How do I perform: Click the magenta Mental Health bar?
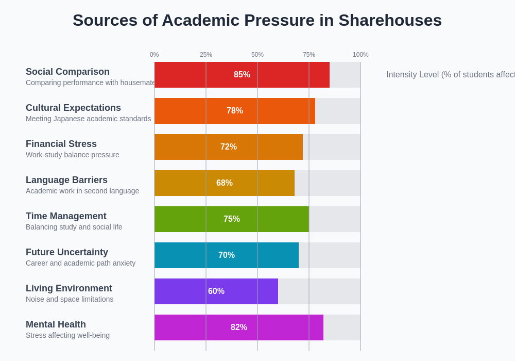pyautogui.click(x=196, y=327)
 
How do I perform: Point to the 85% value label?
pyautogui.click(x=242, y=75)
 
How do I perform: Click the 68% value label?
pyautogui.click(x=225, y=183)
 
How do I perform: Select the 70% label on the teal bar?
pyautogui.click(x=227, y=255)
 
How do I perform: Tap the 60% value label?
pyautogui.click(x=216, y=291)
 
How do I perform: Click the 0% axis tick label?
pyautogui.click(x=154, y=55)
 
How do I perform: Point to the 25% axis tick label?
pyautogui.click(x=206, y=55)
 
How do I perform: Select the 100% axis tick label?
pyautogui.click(x=360, y=55)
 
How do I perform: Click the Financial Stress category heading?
pyautogui.click(x=61, y=144)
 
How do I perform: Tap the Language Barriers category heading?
pyautogui.click(x=66, y=180)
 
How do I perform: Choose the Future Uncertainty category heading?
pyautogui.click(x=67, y=252)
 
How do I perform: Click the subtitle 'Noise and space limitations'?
pyautogui.click(x=70, y=299)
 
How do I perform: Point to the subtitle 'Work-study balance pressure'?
pyautogui.click(x=72, y=155)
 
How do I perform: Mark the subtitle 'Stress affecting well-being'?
pyautogui.click(x=67, y=335)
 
